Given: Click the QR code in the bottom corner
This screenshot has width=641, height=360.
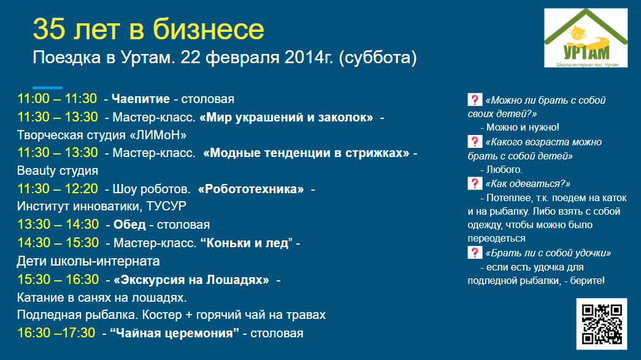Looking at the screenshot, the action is (x=602, y=324).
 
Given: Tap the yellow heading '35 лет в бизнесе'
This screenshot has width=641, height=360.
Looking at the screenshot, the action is (x=148, y=29).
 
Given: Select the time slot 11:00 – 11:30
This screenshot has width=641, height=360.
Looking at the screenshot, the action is (x=57, y=99).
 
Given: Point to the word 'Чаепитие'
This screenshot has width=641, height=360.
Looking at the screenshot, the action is (x=140, y=99).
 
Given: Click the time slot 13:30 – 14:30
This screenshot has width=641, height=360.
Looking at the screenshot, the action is (x=58, y=224).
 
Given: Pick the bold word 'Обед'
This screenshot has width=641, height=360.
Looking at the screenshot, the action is (x=129, y=224).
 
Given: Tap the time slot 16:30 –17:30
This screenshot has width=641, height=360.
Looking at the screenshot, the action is (x=56, y=332).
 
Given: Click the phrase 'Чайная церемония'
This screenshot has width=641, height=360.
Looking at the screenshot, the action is (x=175, y=333).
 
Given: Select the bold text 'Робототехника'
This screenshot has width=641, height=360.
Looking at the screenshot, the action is (x=251, y=189).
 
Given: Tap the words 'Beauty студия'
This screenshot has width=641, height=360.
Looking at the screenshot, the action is (x=58, y=171).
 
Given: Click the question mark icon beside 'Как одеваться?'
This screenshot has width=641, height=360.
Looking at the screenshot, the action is (x=475, y=183).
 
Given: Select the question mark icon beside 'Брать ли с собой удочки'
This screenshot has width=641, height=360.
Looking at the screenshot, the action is (x=475, y=253).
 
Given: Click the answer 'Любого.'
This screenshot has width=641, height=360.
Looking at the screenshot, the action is (x=504, y=170).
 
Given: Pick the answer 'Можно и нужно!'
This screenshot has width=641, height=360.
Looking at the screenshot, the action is (x=523, y=128).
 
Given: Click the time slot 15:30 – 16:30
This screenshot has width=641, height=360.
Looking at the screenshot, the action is (x=58, y=280).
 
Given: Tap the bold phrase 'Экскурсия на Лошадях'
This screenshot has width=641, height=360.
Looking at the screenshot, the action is (x=191, y=280).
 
